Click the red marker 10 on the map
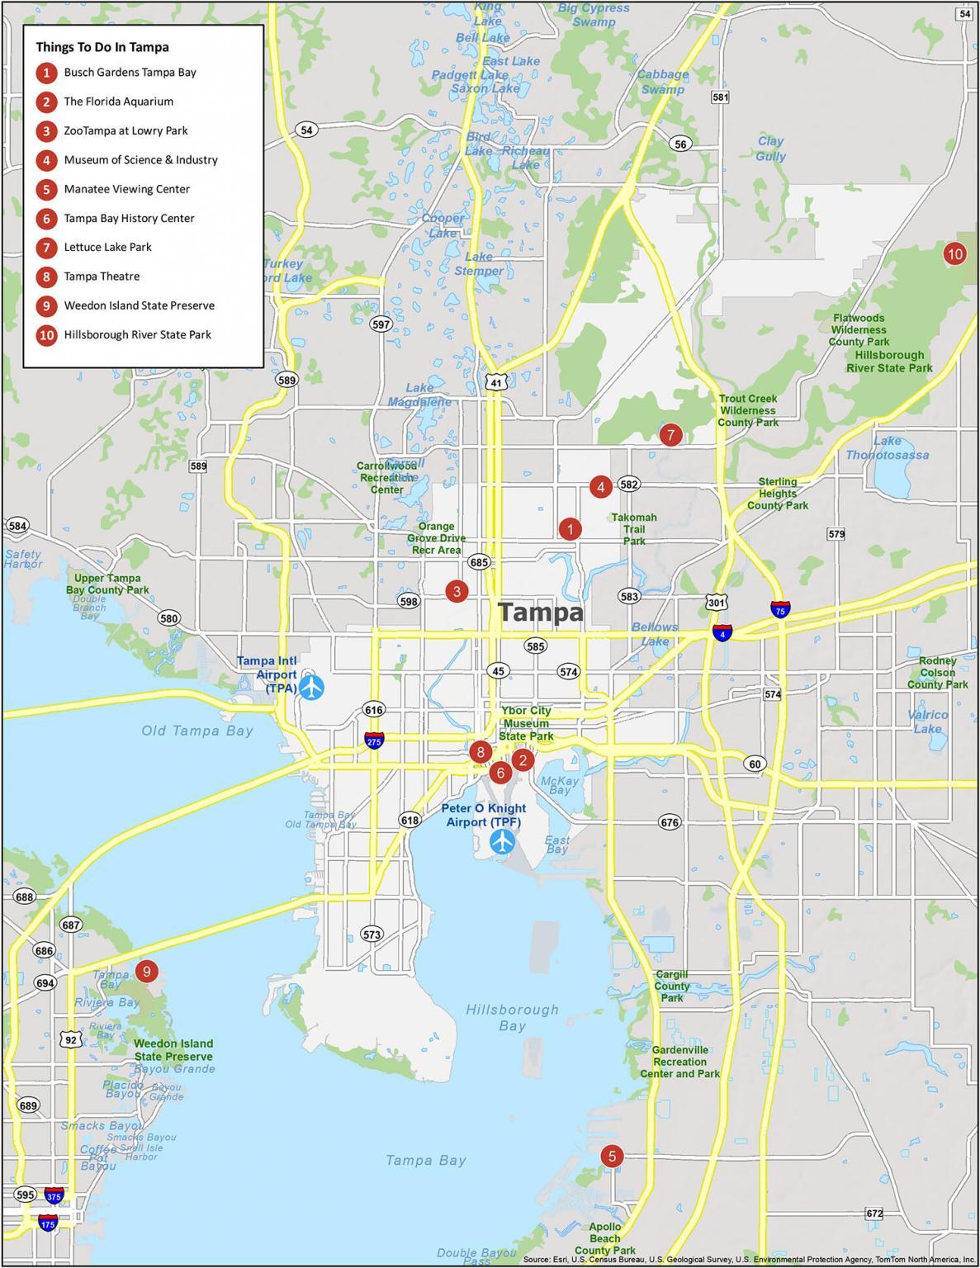(x=954, y=254)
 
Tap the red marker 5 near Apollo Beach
(x=611, y=1157)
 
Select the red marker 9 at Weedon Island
(x=146, y=972)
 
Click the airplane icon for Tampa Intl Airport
(x=312, y=687)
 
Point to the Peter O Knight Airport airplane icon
(x=502, y=843)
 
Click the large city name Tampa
(x=542, y=613)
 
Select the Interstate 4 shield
(x=723, y=633)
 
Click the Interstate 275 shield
(x=373, y=740)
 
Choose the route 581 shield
(x=721, y=97)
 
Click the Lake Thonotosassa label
(x=888, y=448)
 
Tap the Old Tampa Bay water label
(x=197, y=731)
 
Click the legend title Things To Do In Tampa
(x=102, y=47)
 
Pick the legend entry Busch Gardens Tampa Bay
(x=130, y=73)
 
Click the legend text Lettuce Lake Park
(x=107, y=247)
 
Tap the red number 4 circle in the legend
(x=47, y=160)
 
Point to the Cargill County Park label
(x=672, y=986)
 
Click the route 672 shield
(x=874, y=1214)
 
